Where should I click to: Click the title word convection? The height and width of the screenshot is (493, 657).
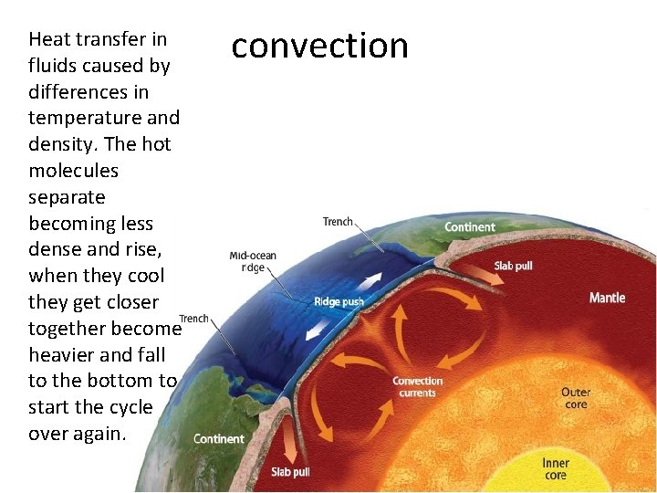click(x=319, y=46)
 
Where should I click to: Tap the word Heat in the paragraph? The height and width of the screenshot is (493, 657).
click(x=49, y=39)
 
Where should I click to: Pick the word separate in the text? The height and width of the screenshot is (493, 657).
click(x=67, y=197)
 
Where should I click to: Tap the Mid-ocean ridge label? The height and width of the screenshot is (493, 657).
click(x=253, y=262)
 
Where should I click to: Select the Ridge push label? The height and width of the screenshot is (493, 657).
click(x=339, y=302)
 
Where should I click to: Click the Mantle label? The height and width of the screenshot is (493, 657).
click(x=607, y=298)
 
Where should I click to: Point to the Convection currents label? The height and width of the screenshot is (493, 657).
click(x=417, y=387)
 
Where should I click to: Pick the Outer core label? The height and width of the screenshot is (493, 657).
click(x=576, y=398)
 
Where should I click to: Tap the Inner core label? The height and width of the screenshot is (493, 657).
click(x=556, y=469)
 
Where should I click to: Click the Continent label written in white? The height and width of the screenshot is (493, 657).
click(x=470, y=226)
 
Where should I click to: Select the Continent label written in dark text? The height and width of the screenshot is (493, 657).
click(x=219, y=438)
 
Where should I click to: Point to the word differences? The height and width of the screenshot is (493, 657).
click(x=89, y=92)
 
